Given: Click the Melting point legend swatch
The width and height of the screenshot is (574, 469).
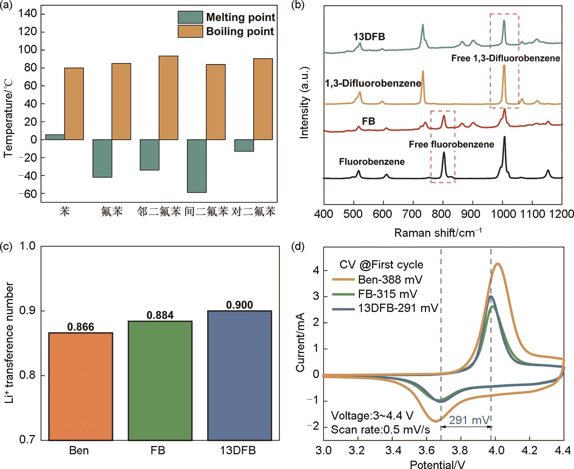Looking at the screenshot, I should (190, 17).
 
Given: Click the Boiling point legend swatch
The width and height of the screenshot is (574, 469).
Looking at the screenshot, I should (190, 31).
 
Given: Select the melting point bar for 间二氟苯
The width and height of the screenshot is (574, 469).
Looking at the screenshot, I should (197, 166).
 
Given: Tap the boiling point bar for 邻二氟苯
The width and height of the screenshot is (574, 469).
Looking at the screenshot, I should (168, 98).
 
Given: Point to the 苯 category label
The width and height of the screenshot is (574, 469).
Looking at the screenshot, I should (65, 211).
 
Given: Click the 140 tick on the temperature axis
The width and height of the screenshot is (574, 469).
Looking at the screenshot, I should (28, 14).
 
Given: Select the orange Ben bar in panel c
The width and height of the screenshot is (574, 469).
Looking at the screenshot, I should (81, 386).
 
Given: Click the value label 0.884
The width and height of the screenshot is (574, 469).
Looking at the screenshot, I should (160, 315).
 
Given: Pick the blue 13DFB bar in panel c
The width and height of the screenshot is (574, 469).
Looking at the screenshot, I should (240, 375).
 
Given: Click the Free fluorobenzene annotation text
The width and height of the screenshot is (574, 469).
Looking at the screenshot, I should (451, 144).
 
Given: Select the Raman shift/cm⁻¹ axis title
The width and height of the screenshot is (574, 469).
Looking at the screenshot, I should (438, 232).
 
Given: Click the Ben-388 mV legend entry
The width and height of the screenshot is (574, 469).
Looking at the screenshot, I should (390, 279).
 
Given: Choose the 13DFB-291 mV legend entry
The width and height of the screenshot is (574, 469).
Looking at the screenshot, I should (398, 308).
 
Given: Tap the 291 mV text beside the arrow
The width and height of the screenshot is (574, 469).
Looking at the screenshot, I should (469, 420).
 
